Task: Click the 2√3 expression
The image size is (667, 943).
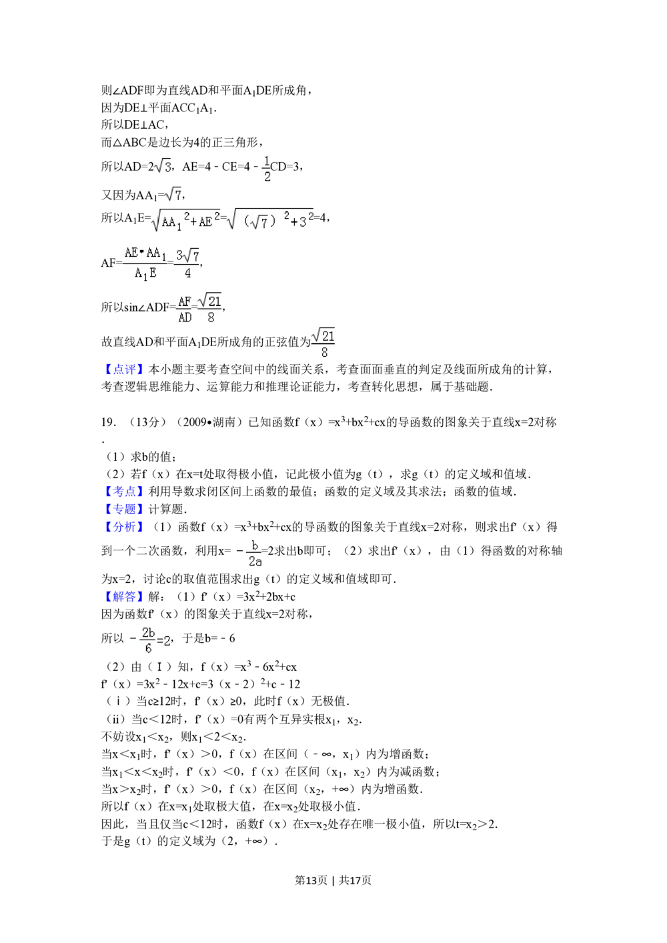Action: click(163, 165)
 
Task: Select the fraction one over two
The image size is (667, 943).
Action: click(267, 168)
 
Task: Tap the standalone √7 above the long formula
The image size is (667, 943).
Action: click(171, 193)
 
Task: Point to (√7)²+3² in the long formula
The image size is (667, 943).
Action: click(270, 221)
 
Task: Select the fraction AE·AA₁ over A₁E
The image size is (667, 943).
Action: click(144, 263)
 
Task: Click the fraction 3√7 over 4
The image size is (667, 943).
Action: click(187, 263)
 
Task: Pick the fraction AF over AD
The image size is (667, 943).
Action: click(183, 309)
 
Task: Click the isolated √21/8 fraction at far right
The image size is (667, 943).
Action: click(323, 343)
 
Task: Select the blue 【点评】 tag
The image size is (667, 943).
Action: click(123, 370)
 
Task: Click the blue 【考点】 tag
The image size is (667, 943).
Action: click(123, 492)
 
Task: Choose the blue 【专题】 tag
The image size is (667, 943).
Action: click(123, 510)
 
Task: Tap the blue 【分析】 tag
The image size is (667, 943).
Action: click(123, 527)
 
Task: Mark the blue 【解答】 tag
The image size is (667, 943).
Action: click(123, 596)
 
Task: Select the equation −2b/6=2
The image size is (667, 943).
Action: click(147, 640)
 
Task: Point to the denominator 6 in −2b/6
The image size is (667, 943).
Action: click(148, 648)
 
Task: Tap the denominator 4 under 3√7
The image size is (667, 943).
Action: click(187, 273)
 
